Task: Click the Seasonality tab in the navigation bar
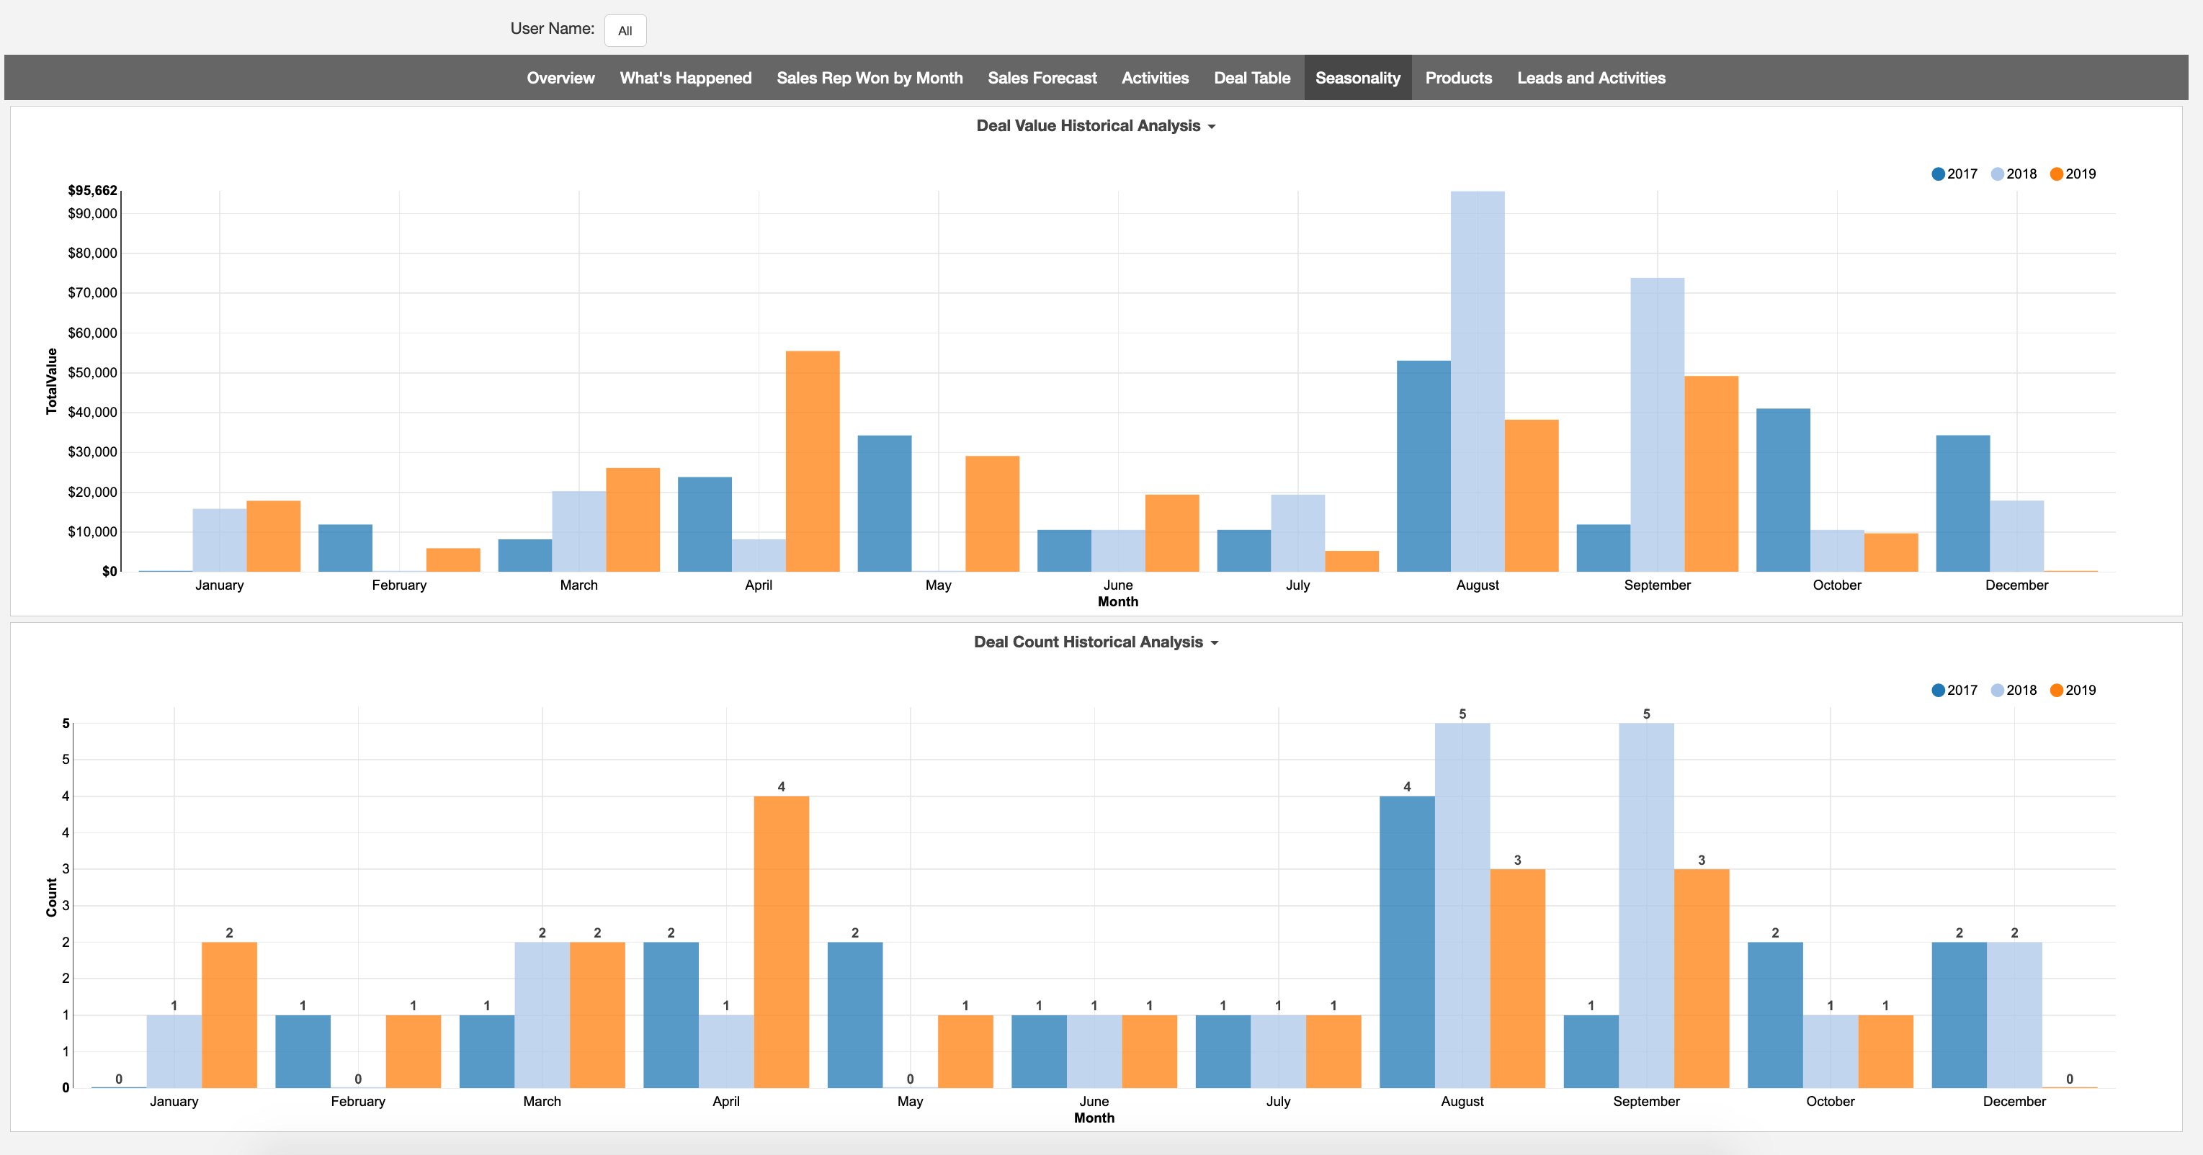(1357, 78)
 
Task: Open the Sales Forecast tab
(1042, 78)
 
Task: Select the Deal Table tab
(1251, 78)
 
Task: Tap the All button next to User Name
(625, 31)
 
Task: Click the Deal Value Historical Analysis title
(1088, 126)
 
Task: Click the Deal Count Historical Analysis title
(1088, 642)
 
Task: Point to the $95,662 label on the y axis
(92, 190)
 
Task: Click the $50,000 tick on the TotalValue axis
(92, 373)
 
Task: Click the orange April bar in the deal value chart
(813, 462)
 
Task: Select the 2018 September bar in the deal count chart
(1646, 907)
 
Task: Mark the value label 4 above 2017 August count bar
(1407, 786)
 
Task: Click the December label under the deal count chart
(2014, 1101)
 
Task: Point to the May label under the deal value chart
(938, 585)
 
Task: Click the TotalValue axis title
(51, 382)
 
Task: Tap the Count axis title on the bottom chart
(51, 898)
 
